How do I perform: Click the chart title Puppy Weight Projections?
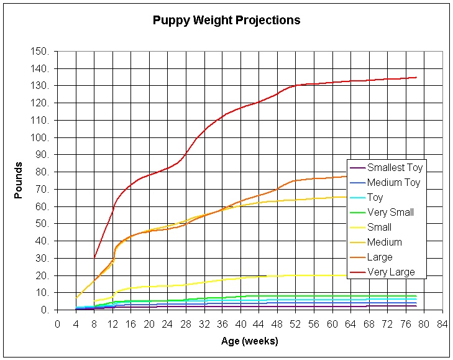226,21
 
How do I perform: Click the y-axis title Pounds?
19,180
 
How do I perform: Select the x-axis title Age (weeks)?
249,341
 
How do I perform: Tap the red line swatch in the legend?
357,272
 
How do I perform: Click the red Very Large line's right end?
416,77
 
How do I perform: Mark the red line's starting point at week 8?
94,257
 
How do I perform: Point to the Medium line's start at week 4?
76,298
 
